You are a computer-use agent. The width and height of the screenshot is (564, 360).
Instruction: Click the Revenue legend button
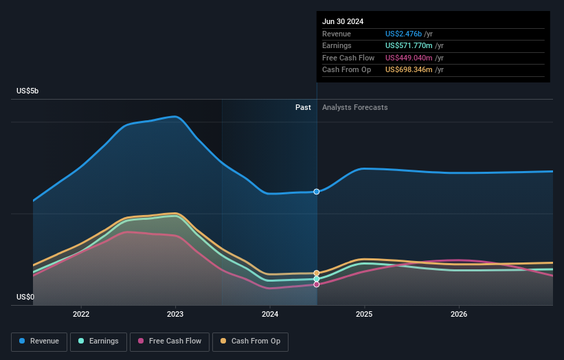point(39,341)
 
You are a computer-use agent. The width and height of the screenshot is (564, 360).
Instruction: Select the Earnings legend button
point(98,341)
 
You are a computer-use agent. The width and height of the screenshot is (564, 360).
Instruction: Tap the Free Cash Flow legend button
point(169,341)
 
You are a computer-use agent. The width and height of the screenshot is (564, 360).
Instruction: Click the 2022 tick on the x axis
point(81,314)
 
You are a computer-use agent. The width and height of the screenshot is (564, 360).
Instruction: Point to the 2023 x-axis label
point(175,314)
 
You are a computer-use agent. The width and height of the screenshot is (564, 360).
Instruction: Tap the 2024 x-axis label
point(270,314)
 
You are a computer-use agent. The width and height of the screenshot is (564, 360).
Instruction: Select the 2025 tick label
point(364,314)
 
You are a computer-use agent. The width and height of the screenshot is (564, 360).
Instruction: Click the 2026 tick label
point(459,314)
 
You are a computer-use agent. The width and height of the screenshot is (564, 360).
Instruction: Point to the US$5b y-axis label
point(28,91)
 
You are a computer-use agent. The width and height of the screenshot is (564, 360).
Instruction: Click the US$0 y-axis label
point(25,297)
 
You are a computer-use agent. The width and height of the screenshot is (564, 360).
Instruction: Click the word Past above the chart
point(303,107)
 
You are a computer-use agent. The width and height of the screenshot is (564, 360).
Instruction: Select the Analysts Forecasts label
point(354,107)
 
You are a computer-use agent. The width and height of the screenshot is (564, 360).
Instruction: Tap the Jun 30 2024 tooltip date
point(343,21)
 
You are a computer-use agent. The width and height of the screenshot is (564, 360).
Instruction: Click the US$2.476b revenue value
point(403,34)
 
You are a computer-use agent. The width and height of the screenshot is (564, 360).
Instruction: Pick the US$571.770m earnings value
point(409,46)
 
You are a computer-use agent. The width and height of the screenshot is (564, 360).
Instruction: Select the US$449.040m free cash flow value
point(409,58)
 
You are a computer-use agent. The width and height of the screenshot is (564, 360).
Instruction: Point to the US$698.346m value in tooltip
point(409,70)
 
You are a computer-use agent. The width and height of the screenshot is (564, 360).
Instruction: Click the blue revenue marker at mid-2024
point(317,192)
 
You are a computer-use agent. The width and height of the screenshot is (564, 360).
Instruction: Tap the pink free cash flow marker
point(317,284)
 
